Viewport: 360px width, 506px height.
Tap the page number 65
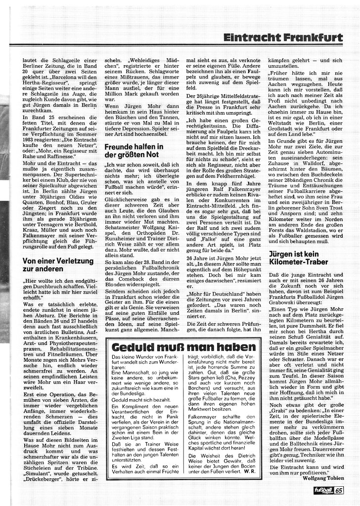pos(339,490)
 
